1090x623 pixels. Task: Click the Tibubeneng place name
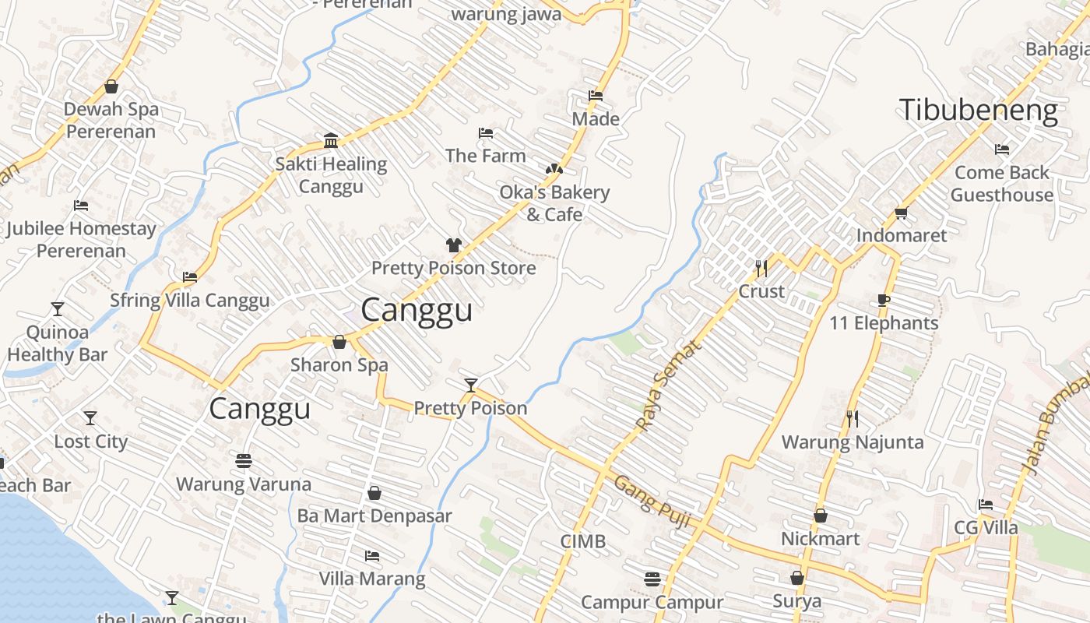coord(978,110)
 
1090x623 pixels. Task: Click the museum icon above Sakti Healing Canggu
coord(331,140)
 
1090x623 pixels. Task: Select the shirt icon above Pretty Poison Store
coord(454,245)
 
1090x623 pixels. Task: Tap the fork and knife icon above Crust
coord(761,269)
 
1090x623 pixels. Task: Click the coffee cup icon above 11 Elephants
coord(884,300)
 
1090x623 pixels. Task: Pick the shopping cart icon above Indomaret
coord(902,213)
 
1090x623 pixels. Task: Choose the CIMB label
coord(582,541)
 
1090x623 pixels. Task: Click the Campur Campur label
coord(652,602)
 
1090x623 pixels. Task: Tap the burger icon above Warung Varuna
coord(244,461)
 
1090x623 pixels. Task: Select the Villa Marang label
coord(372,579)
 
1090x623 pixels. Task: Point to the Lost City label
coord(90,442)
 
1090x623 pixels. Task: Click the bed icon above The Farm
coord(486,133)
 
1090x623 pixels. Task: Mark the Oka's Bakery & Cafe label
coord(554,203)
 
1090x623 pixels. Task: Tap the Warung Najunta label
coord(853,442)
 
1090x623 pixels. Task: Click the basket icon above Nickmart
coord(820,516)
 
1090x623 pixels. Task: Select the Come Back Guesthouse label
coord(1002,184)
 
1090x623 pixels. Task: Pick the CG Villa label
coord(986,528)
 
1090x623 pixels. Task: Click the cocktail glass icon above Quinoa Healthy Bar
coord(58,309)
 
